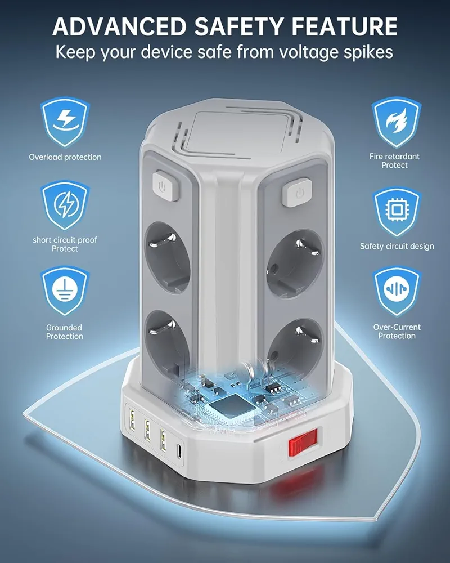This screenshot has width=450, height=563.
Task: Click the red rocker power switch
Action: click(x=303, y=442)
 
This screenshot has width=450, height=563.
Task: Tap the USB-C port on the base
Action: click(x=179, y=452)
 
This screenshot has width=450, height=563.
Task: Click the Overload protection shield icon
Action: click(x=65, y=122)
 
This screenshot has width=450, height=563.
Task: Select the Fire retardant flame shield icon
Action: click(x=396, y=122)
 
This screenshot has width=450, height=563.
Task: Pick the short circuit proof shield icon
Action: click(x=65, y=205)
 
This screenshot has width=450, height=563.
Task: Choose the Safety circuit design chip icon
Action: click(x=396, y=212)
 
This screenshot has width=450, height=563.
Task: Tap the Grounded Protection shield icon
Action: click(x=65, y=290)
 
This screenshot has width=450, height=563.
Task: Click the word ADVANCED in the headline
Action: click(x=119, y=26)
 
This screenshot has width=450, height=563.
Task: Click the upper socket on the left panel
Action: click(x=167, y=257)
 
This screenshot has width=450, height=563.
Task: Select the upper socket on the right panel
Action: click(x=295, y=264)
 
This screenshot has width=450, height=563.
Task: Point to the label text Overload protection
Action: click(x=65, y=157)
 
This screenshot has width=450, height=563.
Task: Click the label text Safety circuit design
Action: click(x=397, y=247)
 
